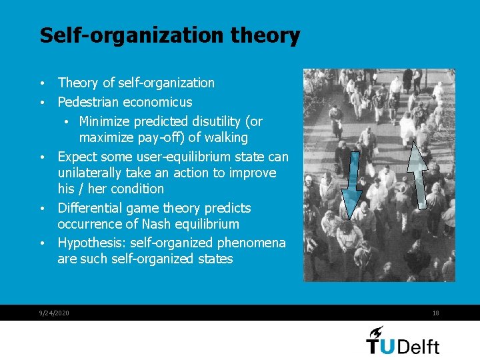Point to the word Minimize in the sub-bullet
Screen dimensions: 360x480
point(105,121)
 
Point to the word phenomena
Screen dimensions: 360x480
point(252,243)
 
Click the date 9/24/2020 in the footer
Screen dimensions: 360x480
point(54,313)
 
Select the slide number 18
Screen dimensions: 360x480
point(435,313)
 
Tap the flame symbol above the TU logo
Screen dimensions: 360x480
point(376,331)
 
